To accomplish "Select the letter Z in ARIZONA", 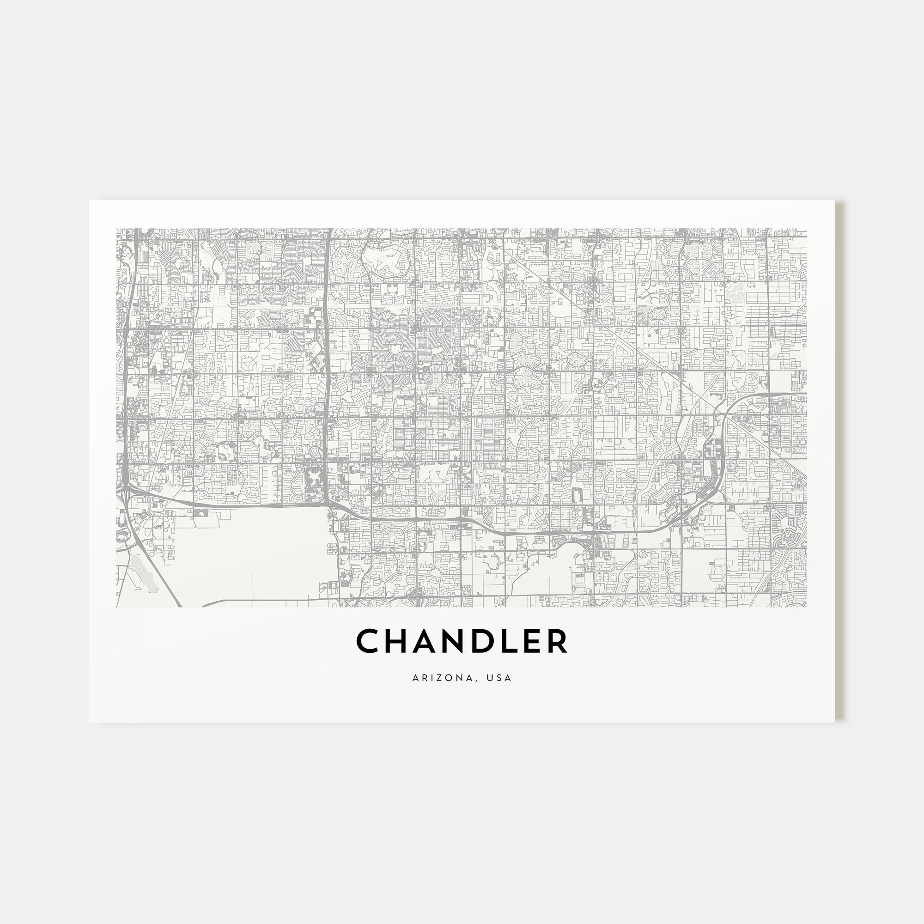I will click(440, 678).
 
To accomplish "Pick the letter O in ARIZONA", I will click(450, 678).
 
